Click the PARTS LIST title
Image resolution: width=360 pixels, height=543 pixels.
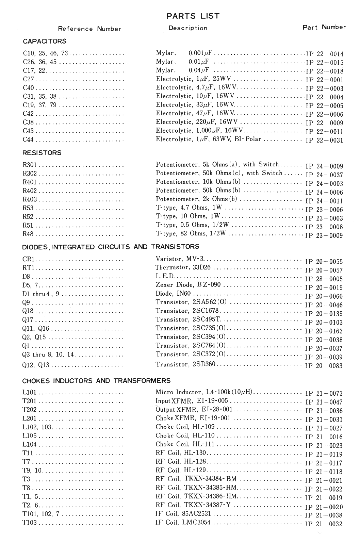[x=193, y=16]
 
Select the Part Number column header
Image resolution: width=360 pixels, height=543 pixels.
[x=324, y=27]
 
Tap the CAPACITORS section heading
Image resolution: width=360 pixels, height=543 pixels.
[x=45, y=42]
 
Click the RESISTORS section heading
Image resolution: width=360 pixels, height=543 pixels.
[x=42, y=153]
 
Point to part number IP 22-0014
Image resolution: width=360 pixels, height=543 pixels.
[x=325, y=54]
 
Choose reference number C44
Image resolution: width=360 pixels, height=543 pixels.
[x=28, y=139]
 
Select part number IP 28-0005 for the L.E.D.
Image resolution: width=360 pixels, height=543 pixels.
[x=324, y=279]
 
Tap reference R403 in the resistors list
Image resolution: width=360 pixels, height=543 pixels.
[x=30, y=199]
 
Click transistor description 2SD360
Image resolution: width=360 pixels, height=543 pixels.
[x=185, y=364]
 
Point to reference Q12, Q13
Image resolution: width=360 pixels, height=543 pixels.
[x=36, y=365]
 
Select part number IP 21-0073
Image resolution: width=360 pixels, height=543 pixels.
[x=324, y=393]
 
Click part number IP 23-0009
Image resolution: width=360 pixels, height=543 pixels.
[x=324, y=235]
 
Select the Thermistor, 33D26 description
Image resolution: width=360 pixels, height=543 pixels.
[x=183, y=267]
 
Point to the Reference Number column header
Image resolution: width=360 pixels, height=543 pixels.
[x=89, y=29]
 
